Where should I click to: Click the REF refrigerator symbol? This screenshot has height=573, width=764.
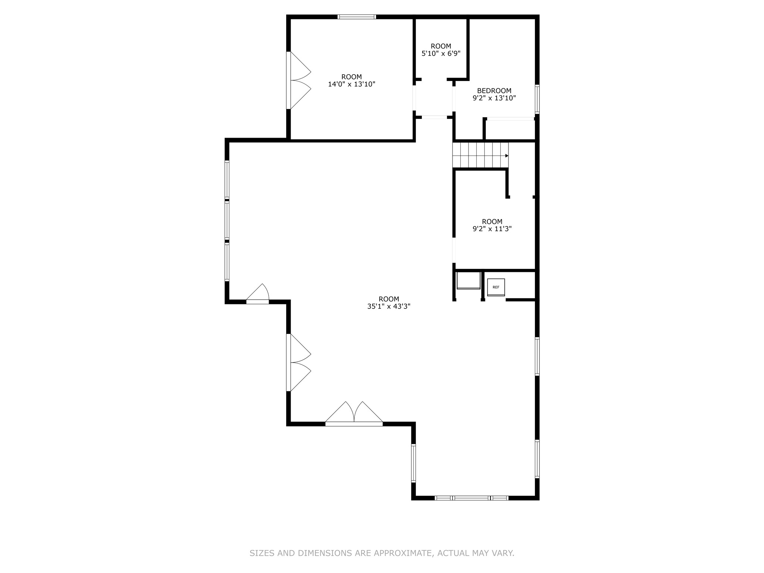coord(496,287)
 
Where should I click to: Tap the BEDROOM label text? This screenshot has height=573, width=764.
coord(494,91)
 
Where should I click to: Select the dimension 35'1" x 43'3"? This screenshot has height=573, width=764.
coord(389,307)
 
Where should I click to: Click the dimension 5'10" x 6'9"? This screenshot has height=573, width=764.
coord(441,53)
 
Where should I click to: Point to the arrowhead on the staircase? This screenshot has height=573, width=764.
coord(507,156)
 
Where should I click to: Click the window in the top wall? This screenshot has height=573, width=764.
coord(357,17)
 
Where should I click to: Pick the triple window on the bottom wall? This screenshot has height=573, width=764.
coord(472,498)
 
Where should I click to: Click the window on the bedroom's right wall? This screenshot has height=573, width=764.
coord(537,99)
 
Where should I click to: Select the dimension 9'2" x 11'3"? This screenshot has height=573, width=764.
coord(492,229)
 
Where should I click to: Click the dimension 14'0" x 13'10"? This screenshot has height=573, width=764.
coord(351,84)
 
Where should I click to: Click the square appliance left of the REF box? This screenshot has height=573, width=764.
coord(468,281)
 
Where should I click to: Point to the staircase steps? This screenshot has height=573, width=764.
coord(479,156)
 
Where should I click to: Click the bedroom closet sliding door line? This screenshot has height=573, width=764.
coord(510,119)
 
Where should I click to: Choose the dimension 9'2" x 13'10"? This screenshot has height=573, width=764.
coord(494,98)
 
